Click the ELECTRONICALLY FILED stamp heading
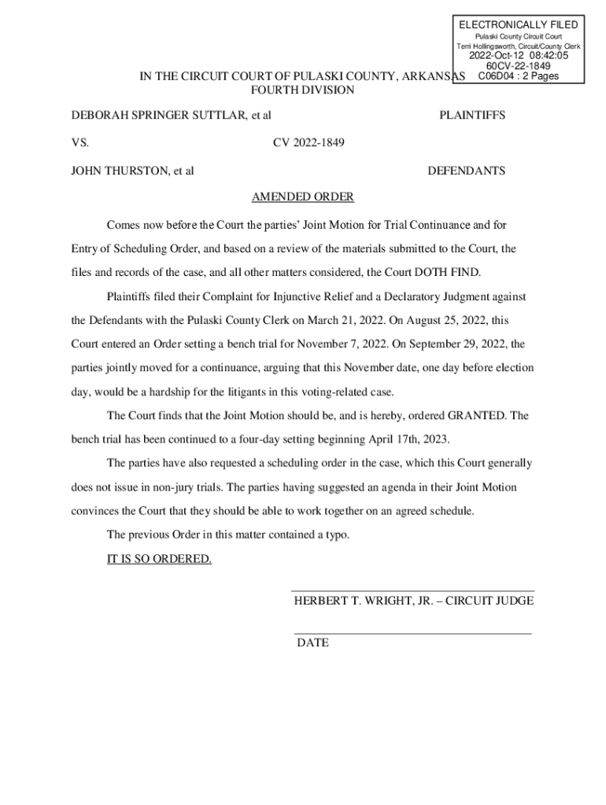tap(518, 25)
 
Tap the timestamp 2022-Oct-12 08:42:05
tap(518, 56)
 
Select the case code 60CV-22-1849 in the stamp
tap(518, 67)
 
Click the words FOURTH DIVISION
tap(302, 90)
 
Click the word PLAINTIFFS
tap(472, 116)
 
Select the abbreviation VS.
tap(80, 143)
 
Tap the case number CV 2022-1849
tap(309, 143)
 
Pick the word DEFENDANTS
tap(466, 171)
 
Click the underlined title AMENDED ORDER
tap(302, 197)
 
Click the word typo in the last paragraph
tap(334, 535)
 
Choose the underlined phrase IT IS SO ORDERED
tap(159, 559)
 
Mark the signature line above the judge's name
tap(412, 590)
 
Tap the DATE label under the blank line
tap(312, 643)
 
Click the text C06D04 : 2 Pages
tap(518, 77)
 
